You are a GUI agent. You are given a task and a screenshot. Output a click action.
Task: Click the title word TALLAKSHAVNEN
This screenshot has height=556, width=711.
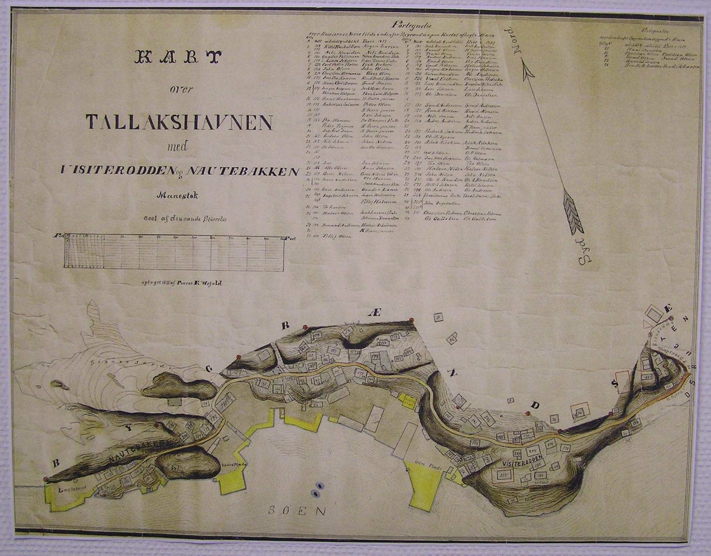(x=179, y=122)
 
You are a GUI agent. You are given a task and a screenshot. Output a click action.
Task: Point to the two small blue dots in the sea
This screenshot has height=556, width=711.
(x=316, y=490)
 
